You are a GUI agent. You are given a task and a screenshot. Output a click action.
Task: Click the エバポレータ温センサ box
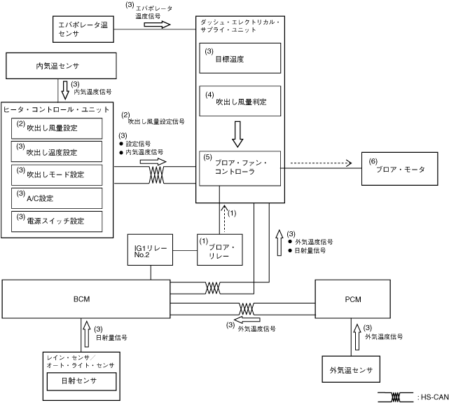83,29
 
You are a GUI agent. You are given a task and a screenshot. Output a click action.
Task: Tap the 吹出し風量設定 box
58,128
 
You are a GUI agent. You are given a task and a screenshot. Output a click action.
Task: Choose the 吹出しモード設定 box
58,175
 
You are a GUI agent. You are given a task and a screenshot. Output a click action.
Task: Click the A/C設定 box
58,198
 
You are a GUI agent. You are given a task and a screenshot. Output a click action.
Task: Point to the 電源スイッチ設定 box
58,221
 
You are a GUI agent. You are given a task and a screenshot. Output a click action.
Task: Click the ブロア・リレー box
220,250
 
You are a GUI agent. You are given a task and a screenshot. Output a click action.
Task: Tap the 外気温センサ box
350,369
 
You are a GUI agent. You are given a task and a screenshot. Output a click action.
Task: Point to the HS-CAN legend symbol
394,397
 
